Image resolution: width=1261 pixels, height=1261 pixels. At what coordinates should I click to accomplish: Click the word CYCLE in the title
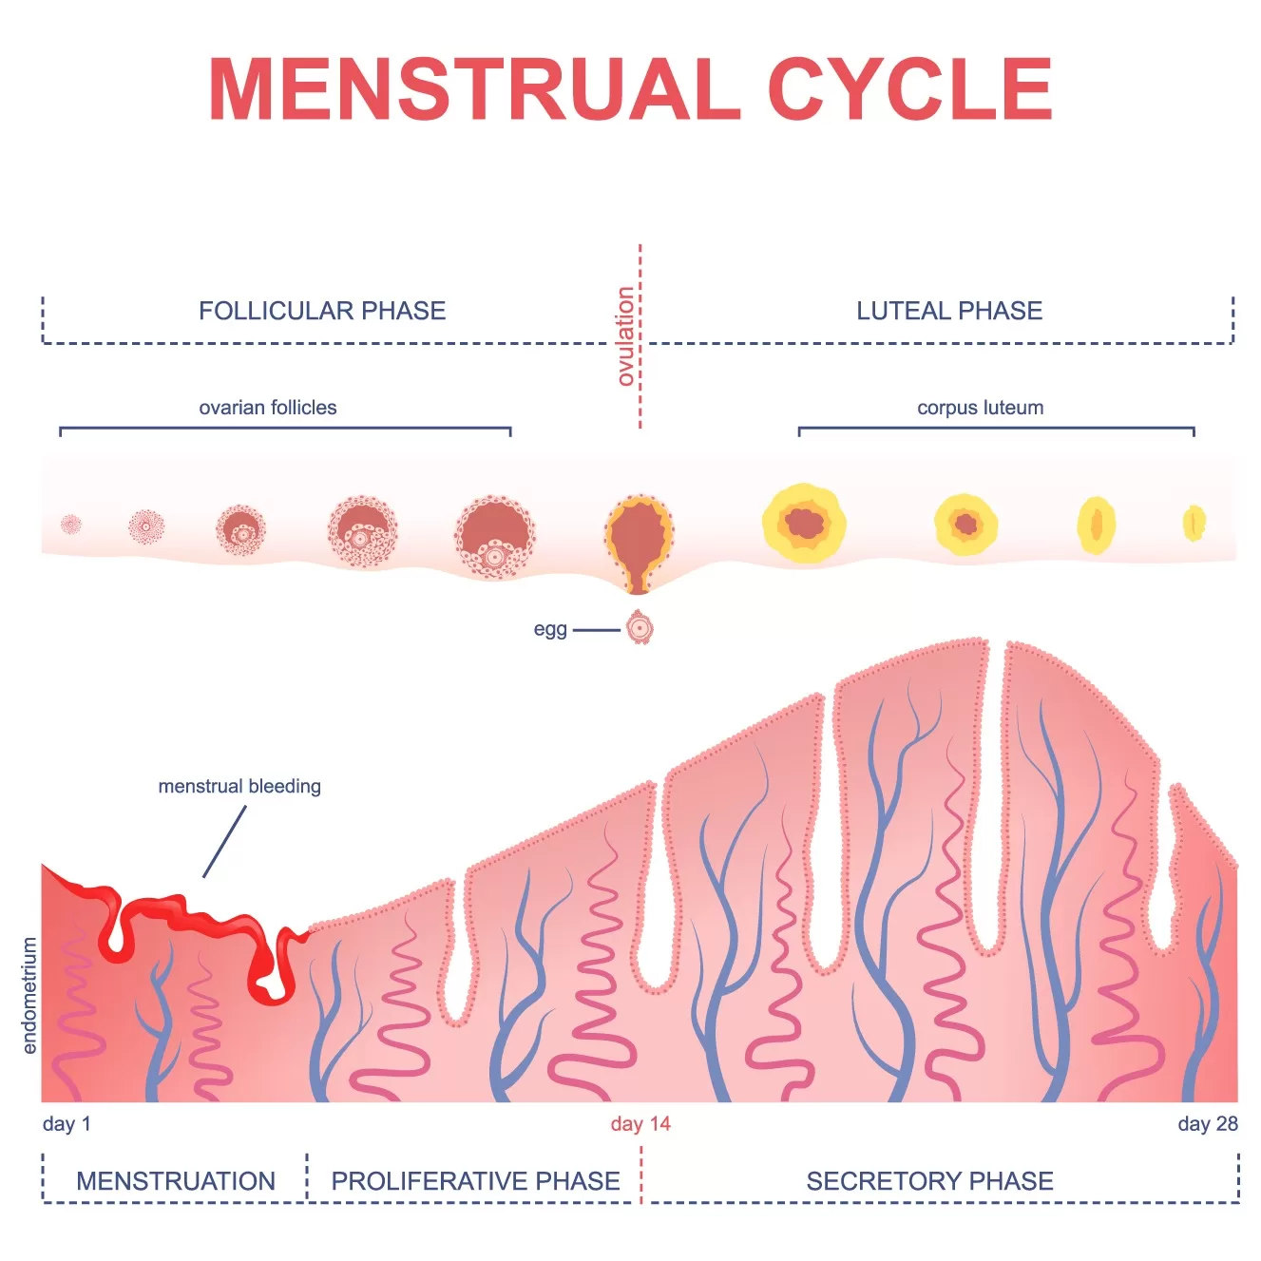tap(909, 89)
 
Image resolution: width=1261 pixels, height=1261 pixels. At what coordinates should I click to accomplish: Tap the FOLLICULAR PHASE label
tap(322, 311)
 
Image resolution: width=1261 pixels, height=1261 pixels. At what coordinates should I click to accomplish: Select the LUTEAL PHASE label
tap(949, 311)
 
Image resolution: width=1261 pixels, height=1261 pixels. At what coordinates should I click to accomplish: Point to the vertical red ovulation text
tap(625, 336)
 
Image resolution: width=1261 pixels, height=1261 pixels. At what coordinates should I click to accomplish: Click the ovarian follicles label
tap(268, 408)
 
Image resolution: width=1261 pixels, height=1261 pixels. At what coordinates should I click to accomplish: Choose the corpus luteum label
tap(980, 408)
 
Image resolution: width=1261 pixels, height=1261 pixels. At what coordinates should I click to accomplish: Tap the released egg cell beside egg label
tap(640, 628)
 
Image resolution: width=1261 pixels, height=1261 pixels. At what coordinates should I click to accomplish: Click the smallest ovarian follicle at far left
tap(71, 524)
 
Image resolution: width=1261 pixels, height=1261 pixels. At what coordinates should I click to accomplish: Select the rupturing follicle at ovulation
tap(639, 538)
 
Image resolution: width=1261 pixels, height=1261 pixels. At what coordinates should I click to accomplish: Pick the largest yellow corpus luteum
tap(804, 524)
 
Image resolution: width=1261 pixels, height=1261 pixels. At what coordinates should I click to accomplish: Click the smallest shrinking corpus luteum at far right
tap(1194, 523)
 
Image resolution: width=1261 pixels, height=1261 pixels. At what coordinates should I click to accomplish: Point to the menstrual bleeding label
tap(239, 786)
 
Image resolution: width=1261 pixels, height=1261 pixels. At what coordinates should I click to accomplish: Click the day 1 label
tap(67, 1124)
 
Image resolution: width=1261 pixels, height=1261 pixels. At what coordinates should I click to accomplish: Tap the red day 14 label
tap(640, 1124)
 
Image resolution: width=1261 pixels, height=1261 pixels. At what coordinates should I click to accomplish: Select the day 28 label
tap(1207, 1124)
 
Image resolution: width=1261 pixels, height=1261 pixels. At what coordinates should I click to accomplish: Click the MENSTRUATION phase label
tap(176, 1181)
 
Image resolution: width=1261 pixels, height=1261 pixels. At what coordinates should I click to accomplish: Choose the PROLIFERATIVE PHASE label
tap(475, 1181)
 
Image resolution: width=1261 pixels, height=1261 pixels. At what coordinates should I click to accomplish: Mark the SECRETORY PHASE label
tap(929, 1181)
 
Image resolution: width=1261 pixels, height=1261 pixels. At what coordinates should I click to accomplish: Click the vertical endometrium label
tap(29, 995)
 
